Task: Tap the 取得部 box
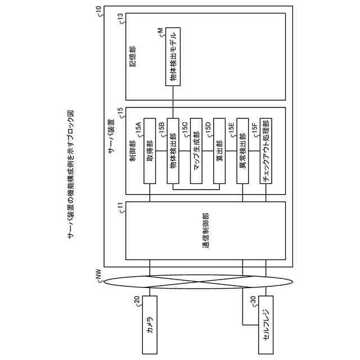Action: (150, 151)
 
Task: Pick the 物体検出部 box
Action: (173, 151)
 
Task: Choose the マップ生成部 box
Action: (196, 151)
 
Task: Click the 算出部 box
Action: (219, 151)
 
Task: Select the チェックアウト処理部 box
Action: (265, 151)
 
